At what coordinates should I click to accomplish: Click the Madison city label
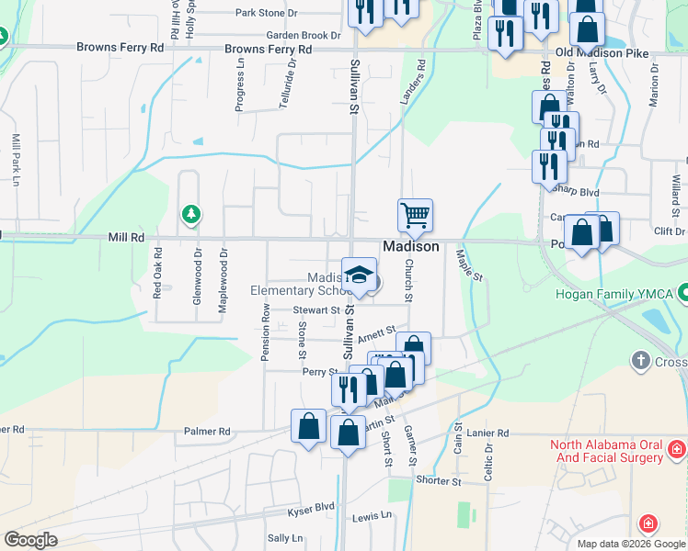click(410, 247)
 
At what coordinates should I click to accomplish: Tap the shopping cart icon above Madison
click(415, 216)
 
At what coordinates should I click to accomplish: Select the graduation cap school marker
click(360, 274)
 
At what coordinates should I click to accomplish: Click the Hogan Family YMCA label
click(613, 295)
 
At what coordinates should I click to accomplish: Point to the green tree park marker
click(190, 215)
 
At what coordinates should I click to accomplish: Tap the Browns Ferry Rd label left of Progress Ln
click(120, 46)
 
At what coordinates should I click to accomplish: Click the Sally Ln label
click(284, 538)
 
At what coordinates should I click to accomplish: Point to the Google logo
click(30, 540)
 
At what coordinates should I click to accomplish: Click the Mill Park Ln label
click(16, 160)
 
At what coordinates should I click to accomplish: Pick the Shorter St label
click(438, 480)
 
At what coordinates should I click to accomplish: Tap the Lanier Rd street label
click(487, 433)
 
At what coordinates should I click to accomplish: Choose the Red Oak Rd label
click(157, 277)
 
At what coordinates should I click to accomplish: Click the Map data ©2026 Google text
click(630, 544)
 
